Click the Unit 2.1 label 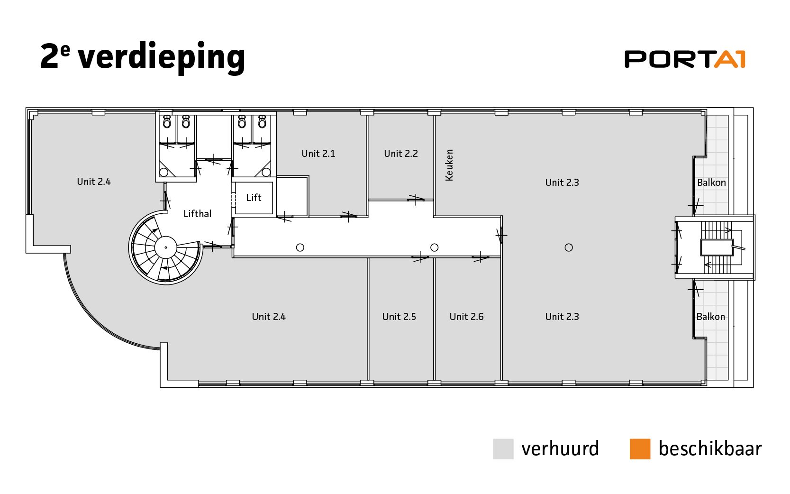click(x=318, y=154)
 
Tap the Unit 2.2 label click(x=400, y=154)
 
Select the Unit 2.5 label click(x=399, y=317)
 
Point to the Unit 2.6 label click(x=466, y=317)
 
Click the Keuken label click(x=449, y=165)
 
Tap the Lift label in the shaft click(x=254, y=198)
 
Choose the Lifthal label click(x=197, y=213)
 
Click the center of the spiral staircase click(x=166, y=247)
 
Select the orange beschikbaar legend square click(x=640, y=449)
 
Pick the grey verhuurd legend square click(x=503, y=449)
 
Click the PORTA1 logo click(x=684, y=59)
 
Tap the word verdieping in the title click(x=162, y=57)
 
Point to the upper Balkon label click(x=711, y=183)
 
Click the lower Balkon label click(x=711, y=317)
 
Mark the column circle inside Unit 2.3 click(x=569, y=247)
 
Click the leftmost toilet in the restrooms click(x=167, y=122)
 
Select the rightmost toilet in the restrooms click(x=262, y=122)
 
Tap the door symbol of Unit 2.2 click(x=416, y=200)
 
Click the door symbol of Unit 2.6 click(x=481, y=257)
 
